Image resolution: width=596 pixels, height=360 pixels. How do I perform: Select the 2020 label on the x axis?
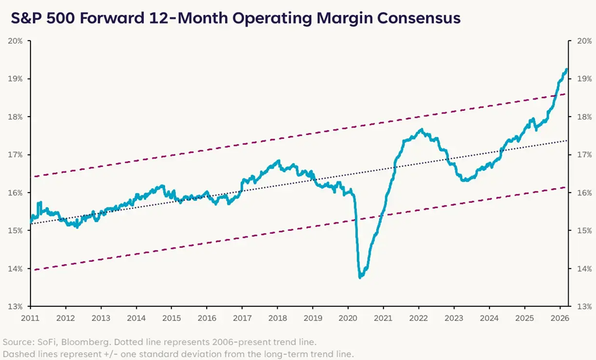[348, 317]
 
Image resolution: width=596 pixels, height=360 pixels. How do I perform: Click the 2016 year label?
[207, 317]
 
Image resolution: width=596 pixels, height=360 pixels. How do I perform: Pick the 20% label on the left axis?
[15, 41]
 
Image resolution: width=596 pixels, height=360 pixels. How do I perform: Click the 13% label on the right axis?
[581, 306]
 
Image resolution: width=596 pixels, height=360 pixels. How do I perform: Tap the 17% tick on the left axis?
[15, 155]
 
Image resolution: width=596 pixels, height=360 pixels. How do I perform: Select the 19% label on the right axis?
[581, 79]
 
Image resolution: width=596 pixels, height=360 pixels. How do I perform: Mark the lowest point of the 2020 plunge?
[360, 277]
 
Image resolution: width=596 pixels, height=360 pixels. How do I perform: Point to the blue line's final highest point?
[566, 70]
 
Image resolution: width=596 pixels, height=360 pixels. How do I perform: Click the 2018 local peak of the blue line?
[277, 161]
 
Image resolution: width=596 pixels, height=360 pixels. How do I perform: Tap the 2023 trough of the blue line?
[465, 181]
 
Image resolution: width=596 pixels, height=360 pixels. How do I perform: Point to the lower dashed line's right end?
[566, 187]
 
